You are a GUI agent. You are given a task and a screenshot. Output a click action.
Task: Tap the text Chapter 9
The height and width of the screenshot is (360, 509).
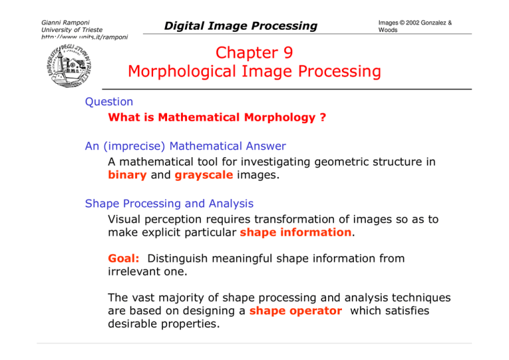pos(254,52)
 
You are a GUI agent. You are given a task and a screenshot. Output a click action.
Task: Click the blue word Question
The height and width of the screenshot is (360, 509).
pos(109,102)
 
